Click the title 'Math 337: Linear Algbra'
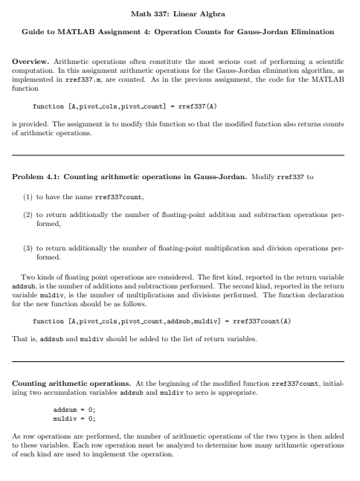point(179,14)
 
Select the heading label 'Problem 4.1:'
point(36,176)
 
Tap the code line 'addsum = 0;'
point(74,409)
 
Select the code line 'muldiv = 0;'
point(74,417)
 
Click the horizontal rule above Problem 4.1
point(179,154)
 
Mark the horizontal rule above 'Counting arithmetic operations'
point(179,361)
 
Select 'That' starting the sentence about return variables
point(20,338)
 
